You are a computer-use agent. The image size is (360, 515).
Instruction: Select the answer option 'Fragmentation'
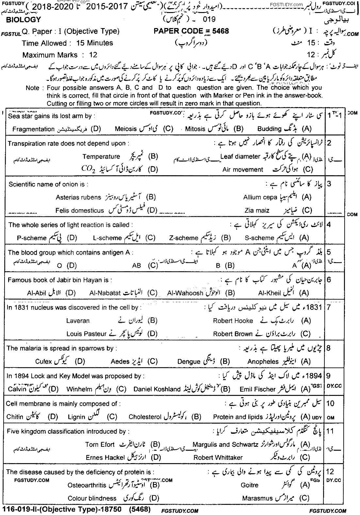(x=33, y=129)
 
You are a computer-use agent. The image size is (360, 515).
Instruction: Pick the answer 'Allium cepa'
(x=260, y=197)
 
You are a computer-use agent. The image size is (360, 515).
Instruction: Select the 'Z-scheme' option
(x=184, y=238)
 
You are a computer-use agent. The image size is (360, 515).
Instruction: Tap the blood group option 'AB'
(x=137, y=266)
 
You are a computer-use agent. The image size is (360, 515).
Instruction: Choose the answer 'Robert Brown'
(x=233, y=334)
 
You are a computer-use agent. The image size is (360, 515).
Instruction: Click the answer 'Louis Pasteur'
(x=86, y=334)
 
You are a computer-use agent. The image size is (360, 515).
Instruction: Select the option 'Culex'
(x=43, y=361)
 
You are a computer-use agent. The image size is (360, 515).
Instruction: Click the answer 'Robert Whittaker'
(x=218, y=457)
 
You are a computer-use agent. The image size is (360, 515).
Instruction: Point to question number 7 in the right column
(x=328, y=307)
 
